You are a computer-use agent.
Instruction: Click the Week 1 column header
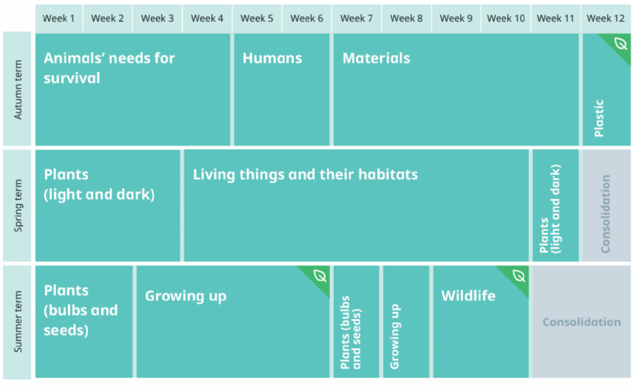point(59,19)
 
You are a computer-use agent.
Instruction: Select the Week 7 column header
point(357,19)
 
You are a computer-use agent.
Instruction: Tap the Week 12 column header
point(605,19)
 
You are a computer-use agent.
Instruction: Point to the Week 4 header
point(207,19)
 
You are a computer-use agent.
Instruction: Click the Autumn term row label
point(18,89)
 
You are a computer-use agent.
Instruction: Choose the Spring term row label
point(18,206)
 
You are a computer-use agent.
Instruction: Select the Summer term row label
point(18,322)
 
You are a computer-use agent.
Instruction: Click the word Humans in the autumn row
point(272,59)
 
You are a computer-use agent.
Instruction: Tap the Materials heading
point(376,59)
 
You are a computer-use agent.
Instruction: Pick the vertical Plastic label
point(599,118)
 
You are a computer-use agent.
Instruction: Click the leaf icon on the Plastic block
point(621,43)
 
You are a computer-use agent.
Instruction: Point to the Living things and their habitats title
point(306,175)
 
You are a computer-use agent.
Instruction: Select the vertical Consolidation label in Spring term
point(605,214)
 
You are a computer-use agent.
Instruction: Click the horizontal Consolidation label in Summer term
point(582,322)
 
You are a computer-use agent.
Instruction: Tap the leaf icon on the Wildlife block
point(518,276)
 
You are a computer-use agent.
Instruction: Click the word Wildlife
point(468,296)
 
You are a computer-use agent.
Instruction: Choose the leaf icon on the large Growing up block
point(319,276)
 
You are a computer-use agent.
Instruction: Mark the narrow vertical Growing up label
point(395,336)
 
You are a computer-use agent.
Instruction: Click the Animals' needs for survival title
point(110,68)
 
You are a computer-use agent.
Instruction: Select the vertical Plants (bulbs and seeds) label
point(350,333)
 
